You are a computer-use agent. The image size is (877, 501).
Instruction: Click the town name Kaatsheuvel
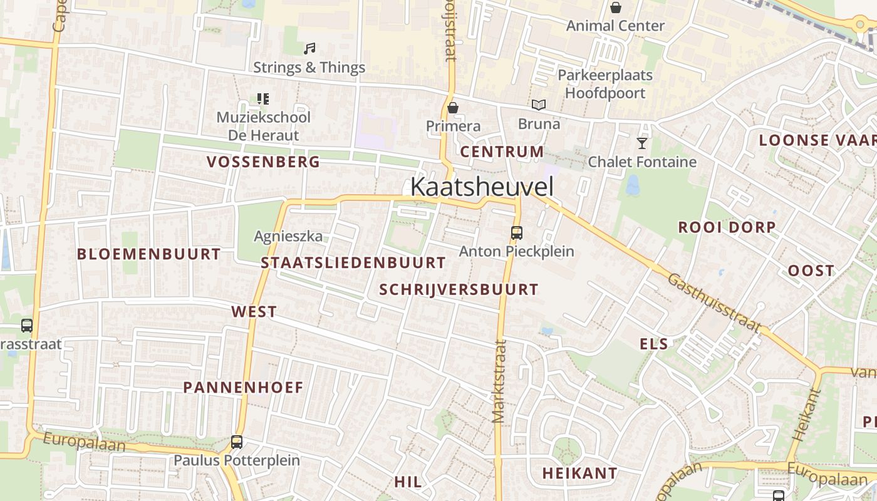pyautogui.click(x=482, y=187)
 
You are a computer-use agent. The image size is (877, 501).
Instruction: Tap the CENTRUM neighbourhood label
pyautogui.click(x=502, y=152)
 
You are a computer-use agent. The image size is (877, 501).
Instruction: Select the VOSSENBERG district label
pyautogui.click(x=263, y=162)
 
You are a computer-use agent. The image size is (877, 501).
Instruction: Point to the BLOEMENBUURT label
pyautogui.click(x=148, y=254)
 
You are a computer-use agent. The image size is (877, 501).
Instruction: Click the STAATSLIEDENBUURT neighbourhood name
pyautogui.click(x=353, y=262)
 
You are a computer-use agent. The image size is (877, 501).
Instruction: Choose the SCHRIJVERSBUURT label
pyautogui.click(x=459, y=289)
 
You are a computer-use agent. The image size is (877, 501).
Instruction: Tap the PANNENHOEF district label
pyautogui.click(x=243, y=387)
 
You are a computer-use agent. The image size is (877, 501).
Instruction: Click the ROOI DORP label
pyautogui.click(x=727, y=227)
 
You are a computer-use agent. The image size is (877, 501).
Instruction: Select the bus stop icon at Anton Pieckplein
pyautogui.click(x=517, y=233)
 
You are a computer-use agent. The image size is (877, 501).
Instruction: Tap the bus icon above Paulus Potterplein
pyautogui.click(x=237, y=442)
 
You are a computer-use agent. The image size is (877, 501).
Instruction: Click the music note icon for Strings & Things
pyautogui.click(x=309, y=48)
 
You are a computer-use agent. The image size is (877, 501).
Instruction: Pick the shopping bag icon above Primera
pyautogui.click(x=453, y=108)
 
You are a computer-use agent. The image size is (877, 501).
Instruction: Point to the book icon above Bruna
pyautogui.click(x=539, y=105)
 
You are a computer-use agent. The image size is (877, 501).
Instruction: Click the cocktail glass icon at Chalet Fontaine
pyautogui.click(x=642, y=143)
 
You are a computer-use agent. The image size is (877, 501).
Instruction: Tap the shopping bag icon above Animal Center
pyautogui.click(x=616, y=8)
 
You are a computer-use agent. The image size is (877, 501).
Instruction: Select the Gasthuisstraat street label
pyautogui.click(x=714, y=302)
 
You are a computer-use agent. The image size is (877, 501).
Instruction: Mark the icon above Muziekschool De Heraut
pyautogui.click(x=263, y=99)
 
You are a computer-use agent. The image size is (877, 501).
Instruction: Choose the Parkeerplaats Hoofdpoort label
pyautogui.click(x=605, y=84)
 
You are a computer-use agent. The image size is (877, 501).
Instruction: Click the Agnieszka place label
pyautogui.click(x=288, y=236)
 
